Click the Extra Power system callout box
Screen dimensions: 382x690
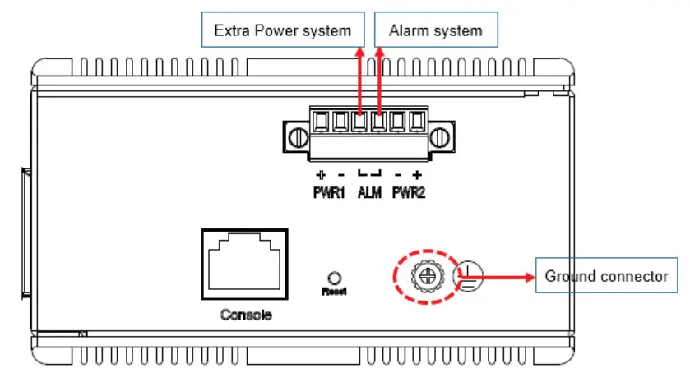click(x=282, y=31)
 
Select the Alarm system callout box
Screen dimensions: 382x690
click(x=435, y=31)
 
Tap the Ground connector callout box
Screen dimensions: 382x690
click(x=606, y=277)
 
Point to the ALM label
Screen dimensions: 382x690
click(x=369, y=196)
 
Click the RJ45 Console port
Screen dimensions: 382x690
click(x=244, y=265)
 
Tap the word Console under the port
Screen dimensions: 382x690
click(x=245, y=315)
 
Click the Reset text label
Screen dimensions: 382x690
click(x=332, y=291)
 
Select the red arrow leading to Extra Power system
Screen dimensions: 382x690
click(x=359, y=82)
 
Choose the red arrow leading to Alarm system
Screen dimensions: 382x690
click(x=379, y=82)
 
